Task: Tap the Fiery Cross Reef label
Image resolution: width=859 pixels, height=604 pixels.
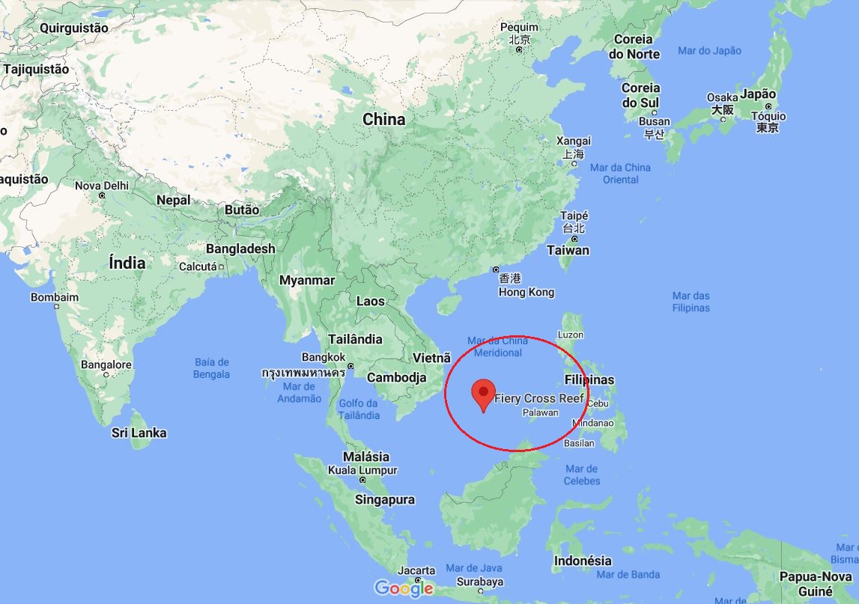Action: [x=538, y=398]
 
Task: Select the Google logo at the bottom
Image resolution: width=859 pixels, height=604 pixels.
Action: [x=404, y=588]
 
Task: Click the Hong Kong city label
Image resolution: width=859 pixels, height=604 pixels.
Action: [x=526, y=292]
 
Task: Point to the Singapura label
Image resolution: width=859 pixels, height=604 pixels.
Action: [x=384, y=499]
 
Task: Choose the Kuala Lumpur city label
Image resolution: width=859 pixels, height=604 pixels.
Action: [x=362, y=471]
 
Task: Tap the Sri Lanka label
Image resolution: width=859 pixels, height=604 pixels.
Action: [x=139, y=433]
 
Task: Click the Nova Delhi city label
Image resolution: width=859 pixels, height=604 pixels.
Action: [x=101, y=186]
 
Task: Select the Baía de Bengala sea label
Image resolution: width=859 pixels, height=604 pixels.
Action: [x=211, y=368]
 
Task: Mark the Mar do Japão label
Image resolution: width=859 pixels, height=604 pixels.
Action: [x=708, y=50]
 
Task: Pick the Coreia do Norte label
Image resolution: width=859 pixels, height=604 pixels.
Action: [x=634, y=46]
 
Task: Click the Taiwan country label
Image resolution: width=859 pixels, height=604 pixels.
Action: [x=568, y=250]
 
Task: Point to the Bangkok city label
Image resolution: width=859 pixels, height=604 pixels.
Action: [x=324, y=358]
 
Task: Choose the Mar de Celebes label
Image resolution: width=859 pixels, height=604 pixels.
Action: [x=582, y=475]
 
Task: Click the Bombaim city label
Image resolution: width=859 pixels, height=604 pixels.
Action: [x=55, y=297]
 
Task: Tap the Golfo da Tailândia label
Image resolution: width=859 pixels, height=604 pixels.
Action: [x=359, y=409]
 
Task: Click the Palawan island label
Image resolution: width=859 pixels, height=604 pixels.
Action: [x=540, y=412]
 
